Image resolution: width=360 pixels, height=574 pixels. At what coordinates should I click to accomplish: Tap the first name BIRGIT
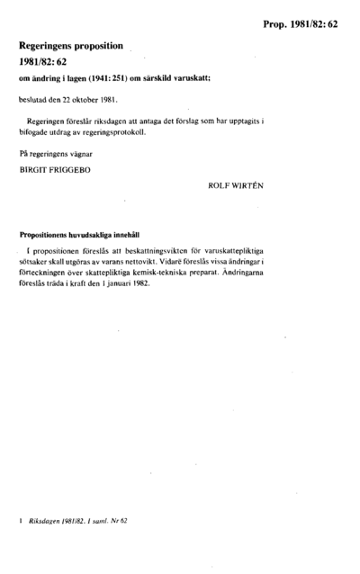[33, 168]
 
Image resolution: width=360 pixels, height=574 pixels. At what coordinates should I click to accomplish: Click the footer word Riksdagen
[44, 522]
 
